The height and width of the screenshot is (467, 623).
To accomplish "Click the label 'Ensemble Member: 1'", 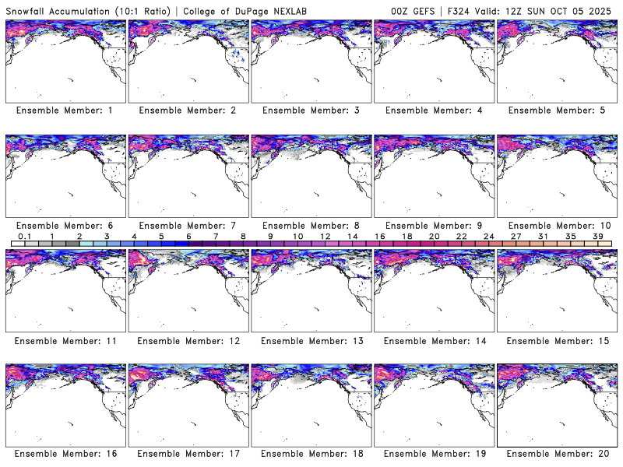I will coord(65,111).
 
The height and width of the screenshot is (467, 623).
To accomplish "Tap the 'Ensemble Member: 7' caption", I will coord(187,226).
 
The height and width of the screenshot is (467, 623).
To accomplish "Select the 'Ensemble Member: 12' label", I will coord(187,340).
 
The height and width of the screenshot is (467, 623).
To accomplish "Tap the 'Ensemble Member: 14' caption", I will coord(433,340).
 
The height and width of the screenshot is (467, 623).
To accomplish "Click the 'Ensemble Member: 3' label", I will coord(310,111).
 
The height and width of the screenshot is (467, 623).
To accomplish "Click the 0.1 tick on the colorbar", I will coord(25,236).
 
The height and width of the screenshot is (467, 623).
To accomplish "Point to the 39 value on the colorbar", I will coord(597,236).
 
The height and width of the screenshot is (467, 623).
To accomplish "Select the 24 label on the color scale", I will coord(488,236).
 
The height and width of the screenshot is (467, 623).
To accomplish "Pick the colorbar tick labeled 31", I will coord(543,236).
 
